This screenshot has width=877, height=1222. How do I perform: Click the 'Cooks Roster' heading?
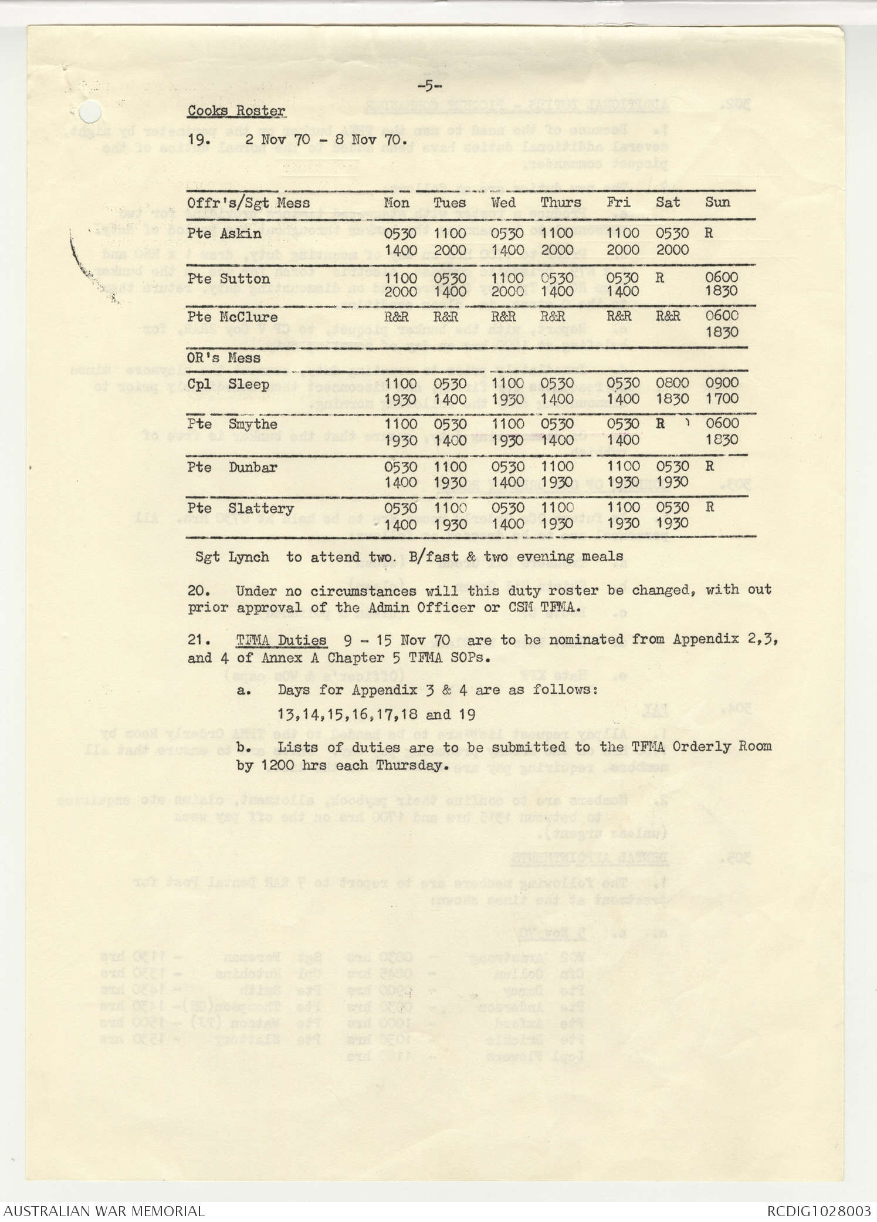click(x=236, y=111)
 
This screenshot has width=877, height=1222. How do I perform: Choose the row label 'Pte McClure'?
click(x=232, y=317)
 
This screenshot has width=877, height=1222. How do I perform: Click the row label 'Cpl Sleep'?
click(x=228, y=385)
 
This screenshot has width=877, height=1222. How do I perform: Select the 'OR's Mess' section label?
click(x=224, y=357)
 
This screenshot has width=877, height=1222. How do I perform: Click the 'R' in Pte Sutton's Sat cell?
click(x=660, y=278)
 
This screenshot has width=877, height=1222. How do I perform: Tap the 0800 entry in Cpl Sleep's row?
click(x=672, y=383)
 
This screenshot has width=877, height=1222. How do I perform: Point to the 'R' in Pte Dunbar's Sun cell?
click(x=709, y=467)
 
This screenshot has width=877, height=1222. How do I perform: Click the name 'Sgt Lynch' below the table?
click(x=232, y=557)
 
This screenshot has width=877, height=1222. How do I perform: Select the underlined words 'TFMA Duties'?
click(x=281, y=640)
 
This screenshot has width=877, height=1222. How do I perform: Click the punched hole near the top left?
click(x=90, y=112)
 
